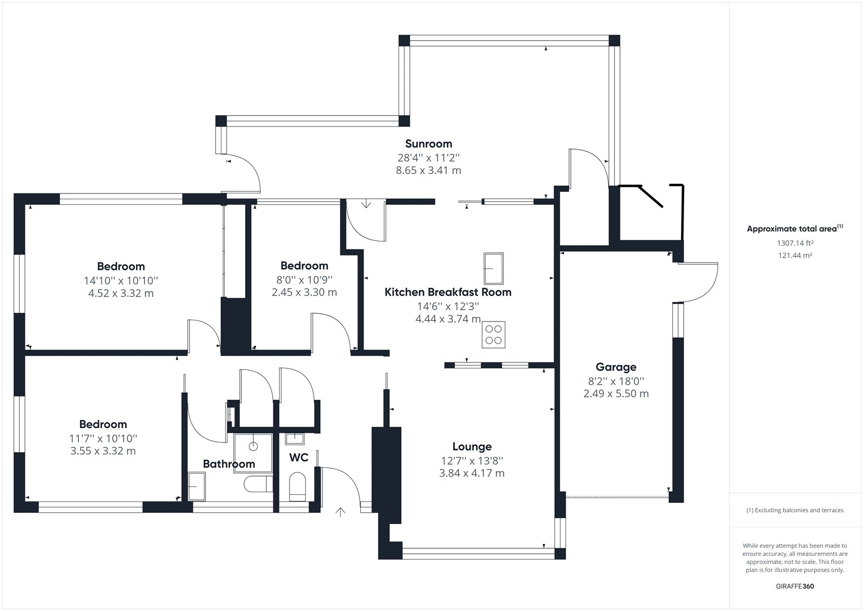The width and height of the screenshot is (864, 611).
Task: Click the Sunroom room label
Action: [429, 144]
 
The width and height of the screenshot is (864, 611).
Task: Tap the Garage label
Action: [616, 367]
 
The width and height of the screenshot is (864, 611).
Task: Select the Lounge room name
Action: [472, 447]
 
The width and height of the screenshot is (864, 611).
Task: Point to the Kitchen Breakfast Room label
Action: [448, 292]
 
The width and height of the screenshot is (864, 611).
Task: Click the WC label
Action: [299, 458]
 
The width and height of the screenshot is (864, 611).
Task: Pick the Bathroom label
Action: [229, 464]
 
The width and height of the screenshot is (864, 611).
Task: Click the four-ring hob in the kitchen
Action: [494, 334]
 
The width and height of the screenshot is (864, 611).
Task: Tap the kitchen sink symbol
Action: [494, 268]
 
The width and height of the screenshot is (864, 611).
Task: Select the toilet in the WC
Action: [298, 487]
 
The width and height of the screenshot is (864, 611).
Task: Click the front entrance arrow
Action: [340, 512]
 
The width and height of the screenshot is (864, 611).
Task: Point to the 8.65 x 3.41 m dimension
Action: [429, 170]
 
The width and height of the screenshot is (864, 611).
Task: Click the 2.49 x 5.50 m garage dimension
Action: [616, 394]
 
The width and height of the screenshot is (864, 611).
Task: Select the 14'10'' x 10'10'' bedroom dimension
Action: [121, 280]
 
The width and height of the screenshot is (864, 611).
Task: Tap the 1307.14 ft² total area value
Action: [795, 243]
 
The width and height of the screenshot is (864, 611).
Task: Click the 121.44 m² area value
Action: [795, 255]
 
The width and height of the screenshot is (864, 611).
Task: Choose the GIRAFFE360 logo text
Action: [795, 586]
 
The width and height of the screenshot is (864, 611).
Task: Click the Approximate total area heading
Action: [795, 229]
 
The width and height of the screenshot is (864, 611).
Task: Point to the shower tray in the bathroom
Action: [253, 453]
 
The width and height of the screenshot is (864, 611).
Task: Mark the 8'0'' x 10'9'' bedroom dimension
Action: [305, 279]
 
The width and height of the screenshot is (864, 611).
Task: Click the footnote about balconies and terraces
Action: [795, 511]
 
